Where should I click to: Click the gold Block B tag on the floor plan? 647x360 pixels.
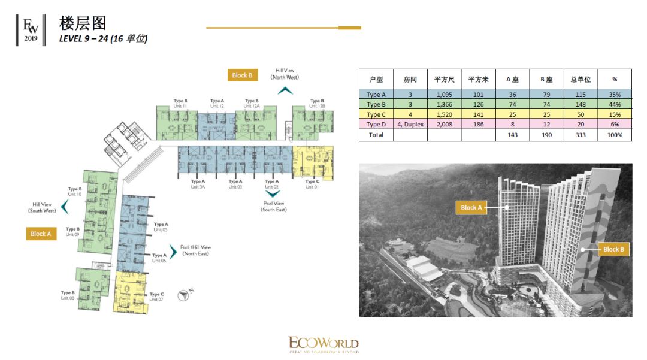pyautogui.click(x=243, y=75)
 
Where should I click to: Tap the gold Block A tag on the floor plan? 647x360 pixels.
pyautogui.click(x=41, y=234)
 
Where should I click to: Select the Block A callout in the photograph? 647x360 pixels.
pyautogui.click(x=471, y=208)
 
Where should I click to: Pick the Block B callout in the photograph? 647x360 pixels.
pyautogui.click(x=613, y=249)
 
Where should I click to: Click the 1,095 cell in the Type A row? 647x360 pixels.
pyautogui.click(x=444, y=95)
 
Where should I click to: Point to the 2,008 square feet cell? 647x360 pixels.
pyautogui.click(x=444, y=124)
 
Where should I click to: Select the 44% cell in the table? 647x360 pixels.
pyautogui.click(x=614, y=104)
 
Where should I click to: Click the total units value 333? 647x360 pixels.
pyautogui.click(x=581, y=135)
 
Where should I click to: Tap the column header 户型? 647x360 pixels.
pyautogui.click(x=376, y=79)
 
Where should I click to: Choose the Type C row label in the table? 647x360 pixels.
pyautogui.click(x=376, y=114)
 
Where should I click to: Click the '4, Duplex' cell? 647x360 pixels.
pyautogui.click(x=410, y=124)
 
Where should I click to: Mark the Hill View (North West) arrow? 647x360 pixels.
pyautogui.click(x=285, y=90)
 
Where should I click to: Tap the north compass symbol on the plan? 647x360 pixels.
pyautogui.click(x=183, y=295)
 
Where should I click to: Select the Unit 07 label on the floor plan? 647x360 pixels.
pyautogui.click(x=156, y=299)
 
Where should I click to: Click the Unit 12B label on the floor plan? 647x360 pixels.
pyautogui.click(x=318, y=106)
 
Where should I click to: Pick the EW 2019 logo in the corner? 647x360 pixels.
pyautogui.click(x=31, y=29)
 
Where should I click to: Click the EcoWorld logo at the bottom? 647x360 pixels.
pyautogui.click(x=323, y=344)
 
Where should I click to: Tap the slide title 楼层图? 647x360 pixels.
pyautogui.click(x=83, y=23)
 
